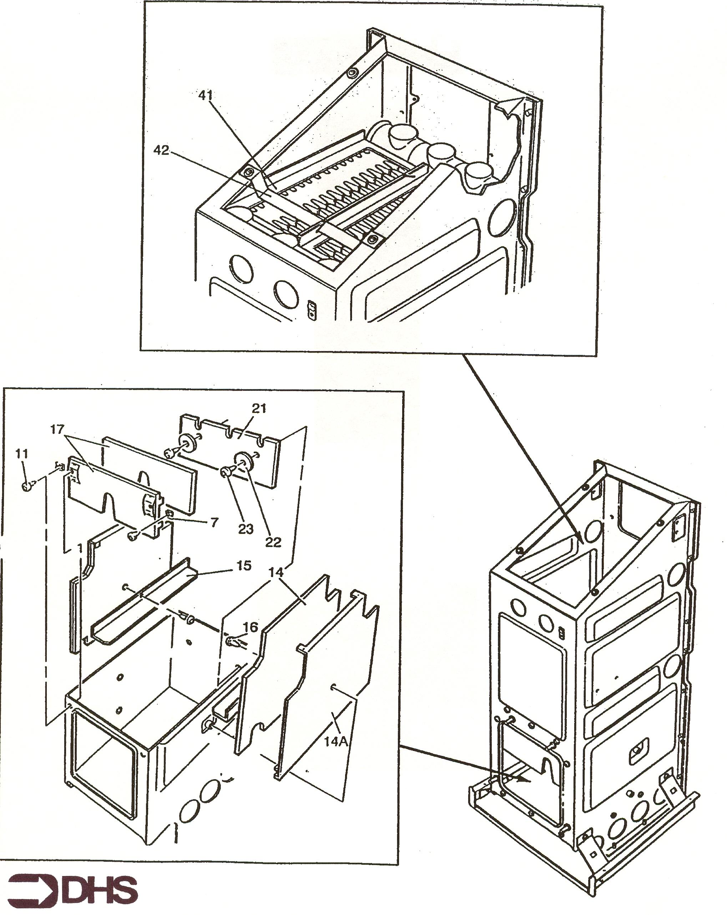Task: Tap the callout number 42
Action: pos(161,150)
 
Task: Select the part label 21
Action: pos(258,408)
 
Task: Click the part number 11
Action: pos(22,454)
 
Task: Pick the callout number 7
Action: pos(214,522)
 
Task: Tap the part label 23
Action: pos(246,529)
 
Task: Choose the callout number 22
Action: pos(273,542)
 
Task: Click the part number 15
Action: pos(244,566)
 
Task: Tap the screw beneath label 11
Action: pos(28,485)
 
